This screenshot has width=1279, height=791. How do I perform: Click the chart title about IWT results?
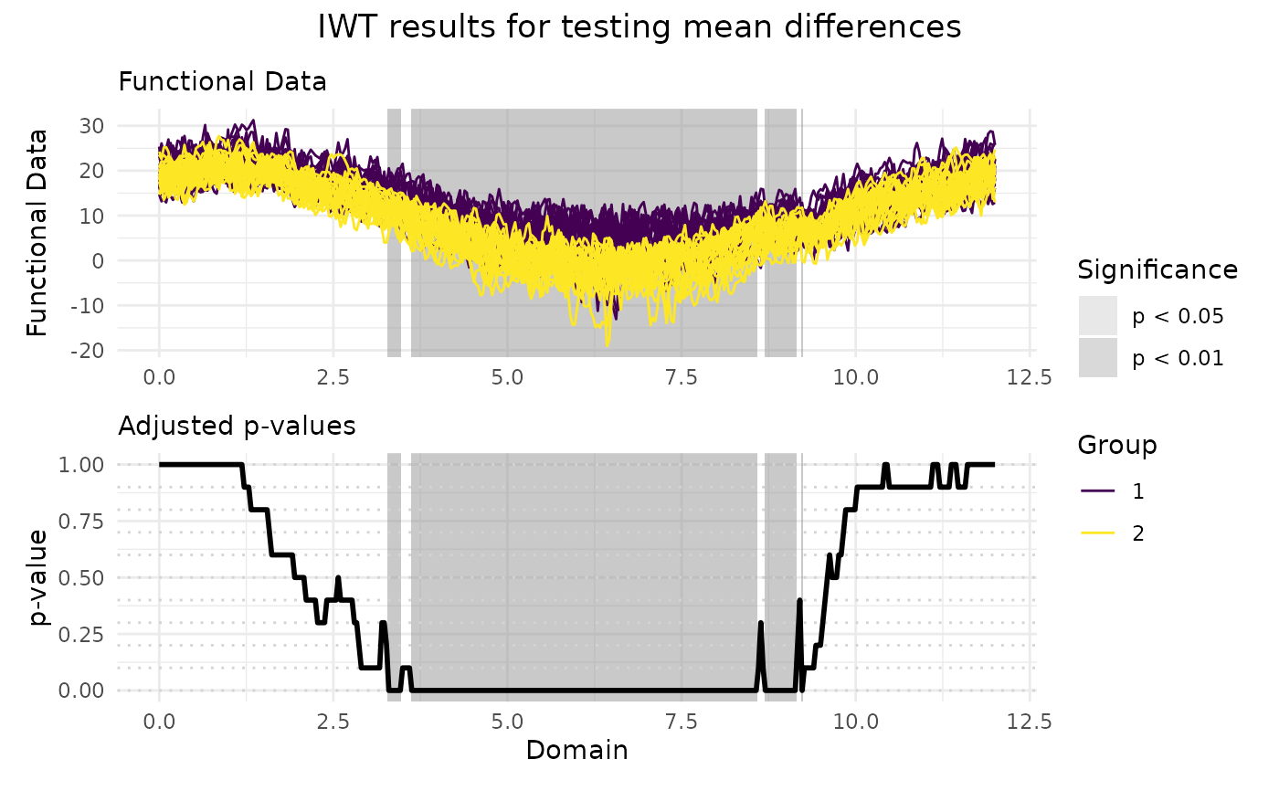pyautogui.click(x=639, y=27)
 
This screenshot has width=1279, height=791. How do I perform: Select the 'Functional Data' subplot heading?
pyautogui.click(x=223, y=82)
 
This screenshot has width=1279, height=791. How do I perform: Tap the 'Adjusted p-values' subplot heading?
pyautogui.click(x=238, y=427)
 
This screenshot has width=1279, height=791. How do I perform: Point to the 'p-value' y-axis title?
pyautogui.click(x=37, y=577)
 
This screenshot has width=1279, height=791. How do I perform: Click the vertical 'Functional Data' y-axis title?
pyautogui.click(x=37, y=232)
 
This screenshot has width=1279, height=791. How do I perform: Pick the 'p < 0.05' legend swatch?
pyautogui.click(x=1098, y=316)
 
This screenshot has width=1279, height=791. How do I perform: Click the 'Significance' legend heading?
pyautogui.click(x=1157, y=270)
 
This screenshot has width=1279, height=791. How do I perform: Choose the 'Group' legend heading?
pyautogui.click(x=1117, y=446)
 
